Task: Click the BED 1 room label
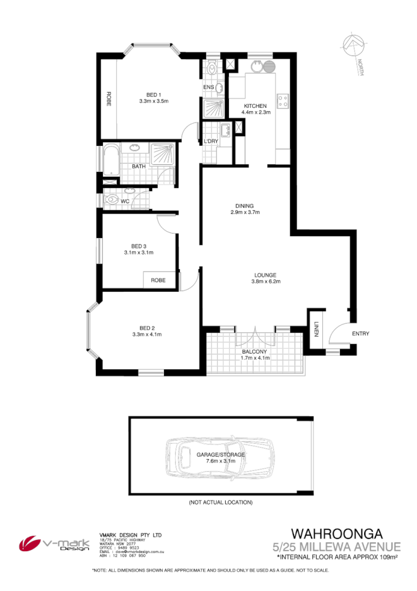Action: coord(153,94)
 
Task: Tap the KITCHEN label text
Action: coord(255,105)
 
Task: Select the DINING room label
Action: coord(245,206)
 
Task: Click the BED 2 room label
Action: coord(147,328)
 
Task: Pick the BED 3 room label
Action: coord(139,246)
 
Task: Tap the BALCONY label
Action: coord(255,351)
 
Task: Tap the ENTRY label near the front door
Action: coord(360,333)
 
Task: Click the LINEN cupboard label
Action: coord(316,330)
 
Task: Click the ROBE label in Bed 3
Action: coord(157,280)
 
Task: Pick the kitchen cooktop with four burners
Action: coord(283,100)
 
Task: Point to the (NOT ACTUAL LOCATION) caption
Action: coord(220,503)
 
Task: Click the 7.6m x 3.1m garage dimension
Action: coord(220,461)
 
